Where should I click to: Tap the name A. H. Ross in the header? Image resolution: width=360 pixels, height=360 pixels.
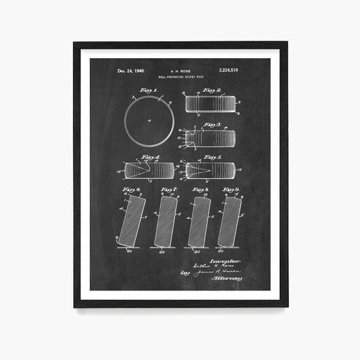[x=180, y=70]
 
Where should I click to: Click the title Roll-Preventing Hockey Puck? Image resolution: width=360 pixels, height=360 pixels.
[x=180, y=77]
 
